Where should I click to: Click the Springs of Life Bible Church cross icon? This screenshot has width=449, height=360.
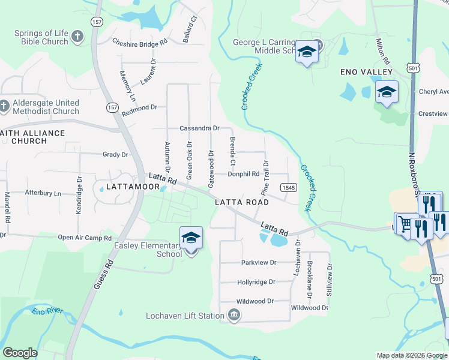77,37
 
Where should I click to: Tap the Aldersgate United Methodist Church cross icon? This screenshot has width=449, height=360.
4,106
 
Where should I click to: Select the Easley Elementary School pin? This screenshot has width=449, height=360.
191,238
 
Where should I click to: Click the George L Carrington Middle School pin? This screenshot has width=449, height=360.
307,52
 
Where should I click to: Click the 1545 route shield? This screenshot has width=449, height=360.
289,188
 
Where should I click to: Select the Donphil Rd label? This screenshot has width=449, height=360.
243,175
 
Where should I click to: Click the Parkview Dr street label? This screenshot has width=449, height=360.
259,263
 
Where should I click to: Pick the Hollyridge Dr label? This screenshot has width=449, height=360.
256,282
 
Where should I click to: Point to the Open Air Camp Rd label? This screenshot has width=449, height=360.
85,237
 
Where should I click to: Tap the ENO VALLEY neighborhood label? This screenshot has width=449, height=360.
366,72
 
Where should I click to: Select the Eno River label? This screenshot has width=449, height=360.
47,312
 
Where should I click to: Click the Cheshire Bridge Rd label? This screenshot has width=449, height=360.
140,43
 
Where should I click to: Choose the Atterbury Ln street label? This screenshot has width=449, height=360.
43,193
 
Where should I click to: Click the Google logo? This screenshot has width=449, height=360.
20,353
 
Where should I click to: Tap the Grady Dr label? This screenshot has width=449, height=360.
115,155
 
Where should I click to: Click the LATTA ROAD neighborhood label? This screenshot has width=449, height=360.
242,203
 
